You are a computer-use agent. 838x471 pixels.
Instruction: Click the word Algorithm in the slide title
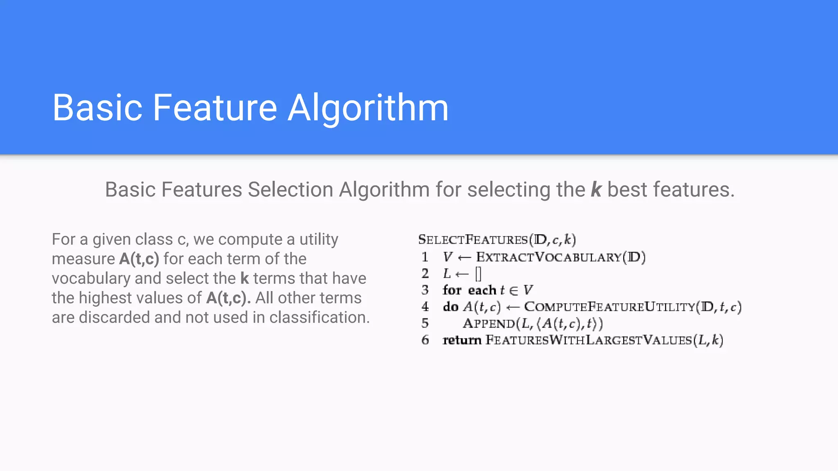[368, 108]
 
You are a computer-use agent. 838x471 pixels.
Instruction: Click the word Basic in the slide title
[97, 108]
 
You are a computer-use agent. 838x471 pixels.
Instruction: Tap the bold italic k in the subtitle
[596, 190]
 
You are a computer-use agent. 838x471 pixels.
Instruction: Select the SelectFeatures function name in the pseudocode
[473, 240]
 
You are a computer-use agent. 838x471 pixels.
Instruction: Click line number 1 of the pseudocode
[425, 257]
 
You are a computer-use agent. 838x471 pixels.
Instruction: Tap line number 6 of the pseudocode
[425, 340]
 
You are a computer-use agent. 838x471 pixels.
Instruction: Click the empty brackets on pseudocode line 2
[478, 274]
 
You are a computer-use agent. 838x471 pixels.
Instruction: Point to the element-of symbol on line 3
[514, 290]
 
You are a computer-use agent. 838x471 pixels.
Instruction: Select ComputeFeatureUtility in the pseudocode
[610, 307]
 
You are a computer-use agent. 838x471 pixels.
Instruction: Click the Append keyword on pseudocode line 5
[489, 323]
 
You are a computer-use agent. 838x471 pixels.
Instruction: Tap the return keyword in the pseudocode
[462, 340]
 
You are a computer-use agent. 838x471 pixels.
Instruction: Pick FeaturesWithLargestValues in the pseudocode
[588, 340]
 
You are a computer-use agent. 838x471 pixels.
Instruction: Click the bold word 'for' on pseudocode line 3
[452, 290]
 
